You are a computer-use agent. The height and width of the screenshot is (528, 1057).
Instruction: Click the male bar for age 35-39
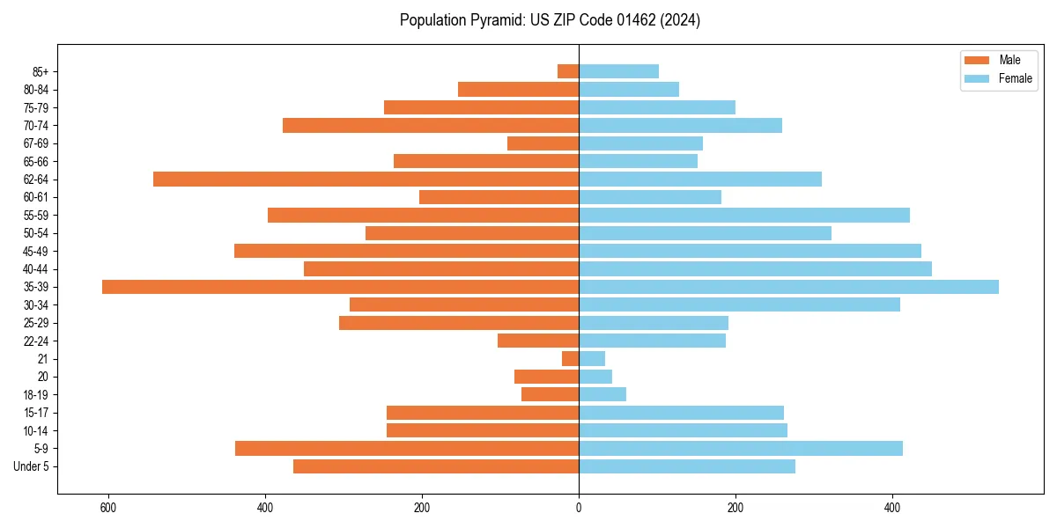[340, 287]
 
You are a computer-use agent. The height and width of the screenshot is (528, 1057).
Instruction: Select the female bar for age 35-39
[788, 287]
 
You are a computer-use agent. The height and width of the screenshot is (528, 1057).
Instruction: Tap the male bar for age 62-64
[366, 180]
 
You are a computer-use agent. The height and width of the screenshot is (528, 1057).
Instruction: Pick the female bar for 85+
[618, 71]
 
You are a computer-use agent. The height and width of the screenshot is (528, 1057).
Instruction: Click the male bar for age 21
[570, 359]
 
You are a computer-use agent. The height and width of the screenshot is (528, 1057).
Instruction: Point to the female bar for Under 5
[687, 466]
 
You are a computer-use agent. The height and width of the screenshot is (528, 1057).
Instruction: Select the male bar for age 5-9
[407, 449]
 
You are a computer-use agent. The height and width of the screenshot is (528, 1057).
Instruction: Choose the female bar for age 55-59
[744, 216]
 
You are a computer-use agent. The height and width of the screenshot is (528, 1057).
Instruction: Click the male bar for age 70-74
[431, 126]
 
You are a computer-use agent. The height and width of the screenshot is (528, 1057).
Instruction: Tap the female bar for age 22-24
[652, 341]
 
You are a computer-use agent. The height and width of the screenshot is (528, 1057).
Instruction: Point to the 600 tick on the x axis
[108, 508]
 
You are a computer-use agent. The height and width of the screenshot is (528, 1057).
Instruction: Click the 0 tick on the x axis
[579, 508]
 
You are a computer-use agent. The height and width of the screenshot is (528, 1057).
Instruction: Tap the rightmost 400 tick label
[892, 508]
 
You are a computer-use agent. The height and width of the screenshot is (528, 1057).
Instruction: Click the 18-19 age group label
[36, 395]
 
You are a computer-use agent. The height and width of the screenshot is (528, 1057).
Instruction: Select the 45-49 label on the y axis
[36, 252]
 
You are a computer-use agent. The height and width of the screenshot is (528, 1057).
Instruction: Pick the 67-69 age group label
[36, 143]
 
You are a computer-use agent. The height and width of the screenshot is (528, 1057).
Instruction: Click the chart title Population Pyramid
[550, 20]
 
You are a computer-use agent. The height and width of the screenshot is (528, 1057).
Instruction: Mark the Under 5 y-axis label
[32, 466]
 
